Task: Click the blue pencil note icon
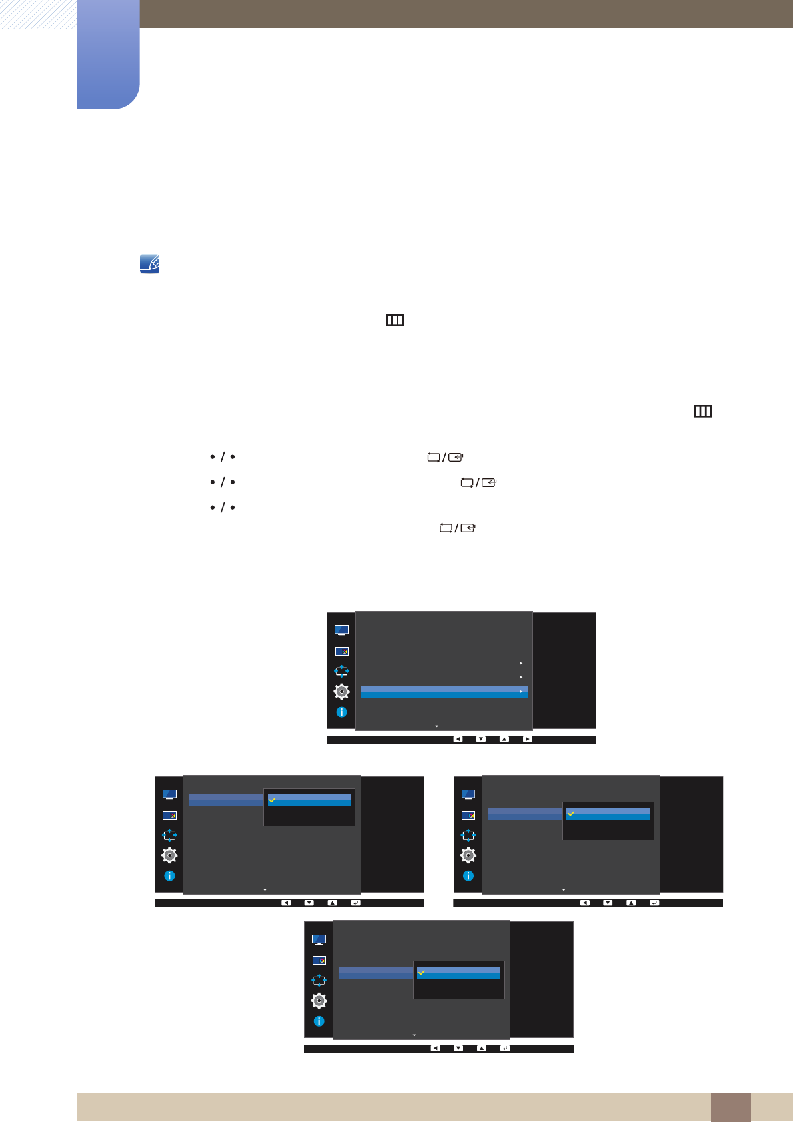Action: [x=149, y=264]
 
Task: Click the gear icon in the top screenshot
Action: [x=341, y=692]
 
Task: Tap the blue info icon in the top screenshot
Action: [x=341, y=712]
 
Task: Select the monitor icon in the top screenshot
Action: [x=341, y=630]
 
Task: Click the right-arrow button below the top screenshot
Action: [x=527, y=739]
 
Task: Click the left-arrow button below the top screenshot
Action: [x=458, y=739]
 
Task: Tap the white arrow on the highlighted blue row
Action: [x=521, y=692]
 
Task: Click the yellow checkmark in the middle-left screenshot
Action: [x=273, y=799]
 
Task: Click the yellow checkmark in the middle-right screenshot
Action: [x=571, y=813]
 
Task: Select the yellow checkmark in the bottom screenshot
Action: [x=422, y=973]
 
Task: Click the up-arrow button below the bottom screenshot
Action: [x=482, y=1048]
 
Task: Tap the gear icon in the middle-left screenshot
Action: [x=169, y=855]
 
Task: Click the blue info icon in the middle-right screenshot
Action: [x=468, y=876]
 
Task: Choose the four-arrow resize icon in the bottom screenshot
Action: [x=319, y=980]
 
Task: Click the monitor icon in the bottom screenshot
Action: [x=319, y=939]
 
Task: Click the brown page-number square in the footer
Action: [x=730, y=1107]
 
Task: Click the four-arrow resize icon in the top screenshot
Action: [x=341, y=671]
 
